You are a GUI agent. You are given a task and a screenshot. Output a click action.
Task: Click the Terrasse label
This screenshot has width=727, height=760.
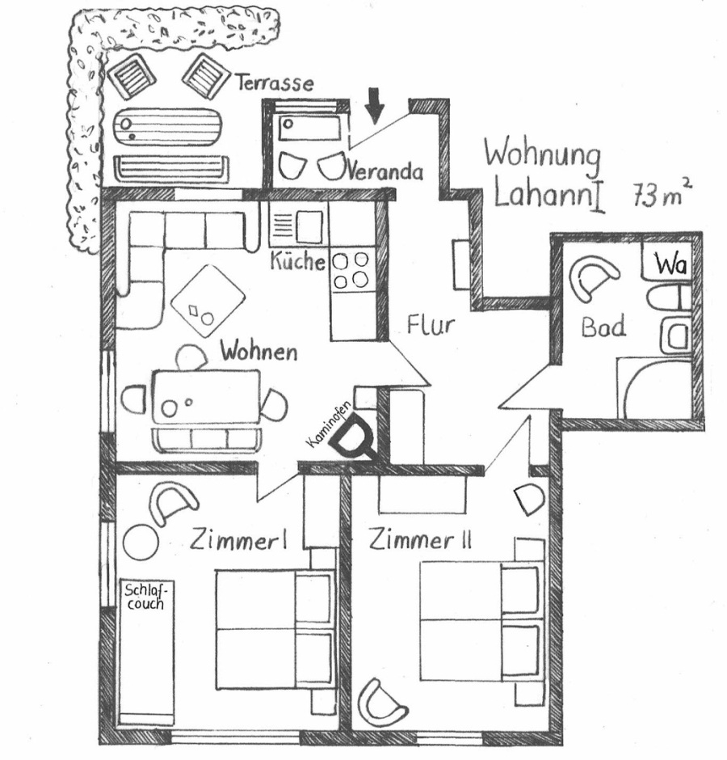tap(275, 83)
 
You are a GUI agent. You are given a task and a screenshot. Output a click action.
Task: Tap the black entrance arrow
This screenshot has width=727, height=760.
tap(374, 104)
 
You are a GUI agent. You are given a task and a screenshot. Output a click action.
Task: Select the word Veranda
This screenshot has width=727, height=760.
tap(385, 171)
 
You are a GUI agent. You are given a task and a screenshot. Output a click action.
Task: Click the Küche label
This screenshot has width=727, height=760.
tap(297, 261)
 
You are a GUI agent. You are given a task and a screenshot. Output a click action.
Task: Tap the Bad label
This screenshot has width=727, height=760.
tap(603, 327)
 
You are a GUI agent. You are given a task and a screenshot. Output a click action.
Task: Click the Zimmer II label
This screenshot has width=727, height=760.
tap(420, 540)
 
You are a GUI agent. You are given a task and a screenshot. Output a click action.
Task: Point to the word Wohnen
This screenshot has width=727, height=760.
tap(258, 352)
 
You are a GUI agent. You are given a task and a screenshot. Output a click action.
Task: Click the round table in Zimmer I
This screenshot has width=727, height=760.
tap(141, 543)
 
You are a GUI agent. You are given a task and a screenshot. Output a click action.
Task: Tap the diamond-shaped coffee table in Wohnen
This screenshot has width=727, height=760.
tap(208, 301)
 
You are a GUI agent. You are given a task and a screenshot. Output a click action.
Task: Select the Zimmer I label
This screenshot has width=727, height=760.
tap(238, 540)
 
